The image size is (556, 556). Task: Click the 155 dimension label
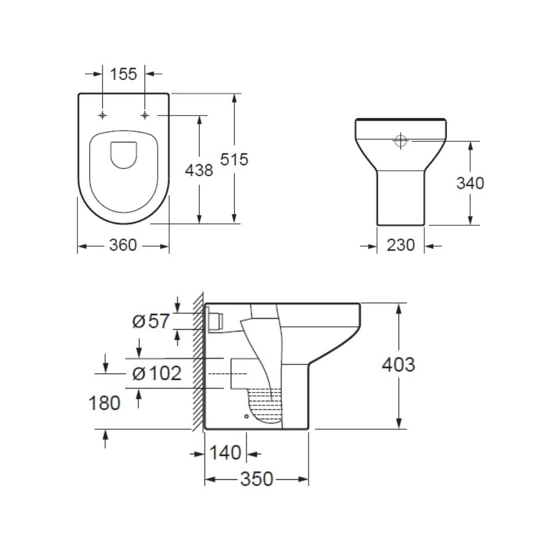(123, 74)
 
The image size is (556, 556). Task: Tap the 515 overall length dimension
(234, 160)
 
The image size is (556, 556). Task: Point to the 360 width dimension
(123, 245)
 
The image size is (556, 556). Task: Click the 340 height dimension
(470, 183)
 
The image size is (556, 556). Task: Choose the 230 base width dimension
(401, 245)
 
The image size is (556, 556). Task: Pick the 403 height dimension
(398, 365)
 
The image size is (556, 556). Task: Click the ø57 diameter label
(150, 321)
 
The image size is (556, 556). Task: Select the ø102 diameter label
(157, 373)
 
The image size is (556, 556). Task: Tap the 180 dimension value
(105, 403)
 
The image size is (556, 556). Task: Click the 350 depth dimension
(256, 479)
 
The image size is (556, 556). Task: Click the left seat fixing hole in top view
(102, 115)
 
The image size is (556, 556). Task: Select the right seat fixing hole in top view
(145, 115)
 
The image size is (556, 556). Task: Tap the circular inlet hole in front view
(400, 141)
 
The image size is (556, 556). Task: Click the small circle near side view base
(245, 415)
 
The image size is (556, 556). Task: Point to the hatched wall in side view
(198, 361)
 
